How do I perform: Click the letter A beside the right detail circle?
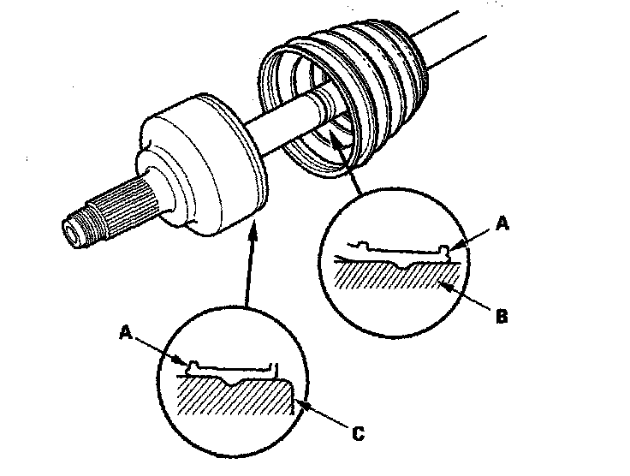pyautogui.click(x=502, y=223)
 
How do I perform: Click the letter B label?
pyautogui.click(x=502, y=317)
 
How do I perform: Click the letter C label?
pyautogui.click(x=358, y=434)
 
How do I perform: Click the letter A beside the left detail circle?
pyautogui.click(x=126, y=332)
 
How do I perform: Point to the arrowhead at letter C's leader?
pyautogui.click(x=303, y=404)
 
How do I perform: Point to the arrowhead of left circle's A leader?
pyautogui.click(x=181, y=360)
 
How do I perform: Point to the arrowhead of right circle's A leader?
pyautogui.click(x=457, y=245)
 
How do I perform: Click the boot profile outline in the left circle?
pyautogui.click(x=232, y=368)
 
